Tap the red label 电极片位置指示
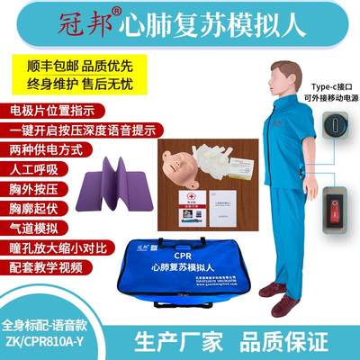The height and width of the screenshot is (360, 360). click(53, 119)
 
